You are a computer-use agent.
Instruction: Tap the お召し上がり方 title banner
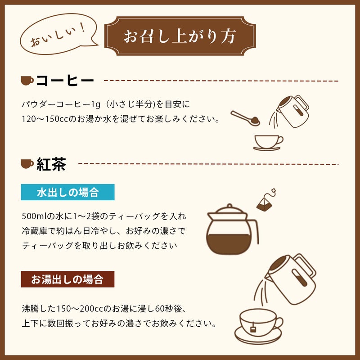180,36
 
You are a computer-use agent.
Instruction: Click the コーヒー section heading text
65,81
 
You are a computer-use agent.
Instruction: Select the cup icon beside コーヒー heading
27,81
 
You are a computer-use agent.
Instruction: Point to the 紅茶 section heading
51,164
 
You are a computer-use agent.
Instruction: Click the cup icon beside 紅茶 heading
27,164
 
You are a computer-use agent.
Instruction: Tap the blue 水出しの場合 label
68,192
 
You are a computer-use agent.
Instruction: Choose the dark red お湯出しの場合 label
67,279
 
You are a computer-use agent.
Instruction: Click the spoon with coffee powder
245,118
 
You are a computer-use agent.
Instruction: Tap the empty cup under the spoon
268,143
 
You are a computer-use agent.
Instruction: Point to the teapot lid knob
229,206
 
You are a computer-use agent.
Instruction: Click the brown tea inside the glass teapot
229,244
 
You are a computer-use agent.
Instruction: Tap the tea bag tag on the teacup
253,329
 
